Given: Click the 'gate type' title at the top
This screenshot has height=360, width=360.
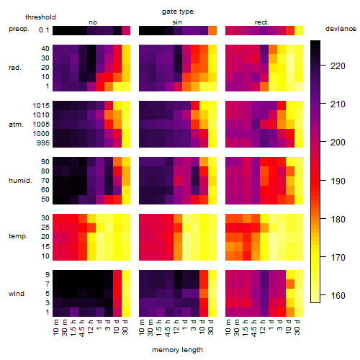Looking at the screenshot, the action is (x=178, y=12).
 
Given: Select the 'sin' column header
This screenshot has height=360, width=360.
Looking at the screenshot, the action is (x=177, y=22).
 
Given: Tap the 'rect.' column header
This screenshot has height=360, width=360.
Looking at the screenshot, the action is (x=261, y=22).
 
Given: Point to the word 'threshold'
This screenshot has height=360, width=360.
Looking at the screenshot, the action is (x=40, y=17).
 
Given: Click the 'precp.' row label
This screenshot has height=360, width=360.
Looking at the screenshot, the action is (x=19, y=29).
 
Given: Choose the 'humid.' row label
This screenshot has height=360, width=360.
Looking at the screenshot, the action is (x=20, y=180).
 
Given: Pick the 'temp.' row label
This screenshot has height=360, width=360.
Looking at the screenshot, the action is (x=18, y=236).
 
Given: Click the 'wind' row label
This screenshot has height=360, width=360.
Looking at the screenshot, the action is (x=17, y=294).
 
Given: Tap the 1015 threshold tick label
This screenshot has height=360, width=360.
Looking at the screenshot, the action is (x=41, y=105).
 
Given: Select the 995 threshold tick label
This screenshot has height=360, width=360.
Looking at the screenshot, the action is (x=43, y=143).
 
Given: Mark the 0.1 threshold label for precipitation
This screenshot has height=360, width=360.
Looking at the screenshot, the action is (x=44, y=30).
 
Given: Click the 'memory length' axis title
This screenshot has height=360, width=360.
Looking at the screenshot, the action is (x=177, y=350).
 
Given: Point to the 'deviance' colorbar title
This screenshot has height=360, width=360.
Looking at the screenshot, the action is (x=341, y=29).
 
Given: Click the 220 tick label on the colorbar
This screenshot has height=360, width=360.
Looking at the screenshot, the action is (x=338, y=66).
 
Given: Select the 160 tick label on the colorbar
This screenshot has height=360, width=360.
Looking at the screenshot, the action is (x=338, y=295).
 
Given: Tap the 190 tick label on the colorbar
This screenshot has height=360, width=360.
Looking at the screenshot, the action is (x=338, y=181).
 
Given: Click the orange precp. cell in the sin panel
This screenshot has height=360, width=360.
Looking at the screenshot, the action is (x=212, y=30).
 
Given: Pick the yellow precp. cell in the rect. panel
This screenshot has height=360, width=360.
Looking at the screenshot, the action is (x=299, y=30).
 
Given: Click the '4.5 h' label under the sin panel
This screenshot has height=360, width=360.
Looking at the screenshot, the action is (x=168, y=328).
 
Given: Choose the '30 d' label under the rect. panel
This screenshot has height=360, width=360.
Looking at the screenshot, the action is (x=297, y=327).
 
